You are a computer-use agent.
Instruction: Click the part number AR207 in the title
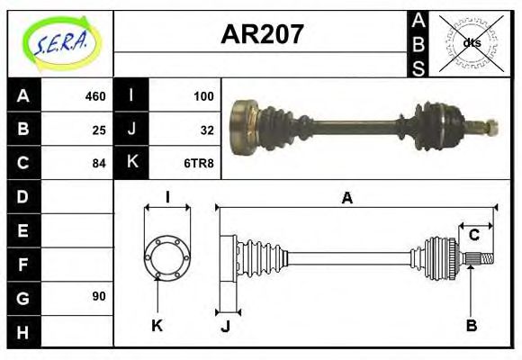coord(262,35)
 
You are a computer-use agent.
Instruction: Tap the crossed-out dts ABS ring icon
coord(471,43)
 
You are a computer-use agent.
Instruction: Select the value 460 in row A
coord(94,96)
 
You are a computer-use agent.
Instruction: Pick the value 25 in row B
coord(98,130)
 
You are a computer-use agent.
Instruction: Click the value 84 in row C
coord(98,163)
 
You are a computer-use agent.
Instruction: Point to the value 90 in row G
coord(98,296)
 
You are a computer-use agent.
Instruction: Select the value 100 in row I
coord(203,96)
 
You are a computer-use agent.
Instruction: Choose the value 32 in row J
coord(206,130)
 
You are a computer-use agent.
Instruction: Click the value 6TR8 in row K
coord(200,163)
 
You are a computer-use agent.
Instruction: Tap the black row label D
coord(23,196)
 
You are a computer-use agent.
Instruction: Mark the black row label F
coord(23,264)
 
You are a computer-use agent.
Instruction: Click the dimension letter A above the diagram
coord(346,199)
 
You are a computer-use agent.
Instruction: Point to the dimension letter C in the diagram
coord(473,236)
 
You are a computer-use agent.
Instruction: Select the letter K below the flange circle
coord(157,325)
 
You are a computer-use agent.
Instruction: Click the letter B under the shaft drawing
coord(471,325)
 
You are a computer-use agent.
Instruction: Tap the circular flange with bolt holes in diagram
coord(166,256)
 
